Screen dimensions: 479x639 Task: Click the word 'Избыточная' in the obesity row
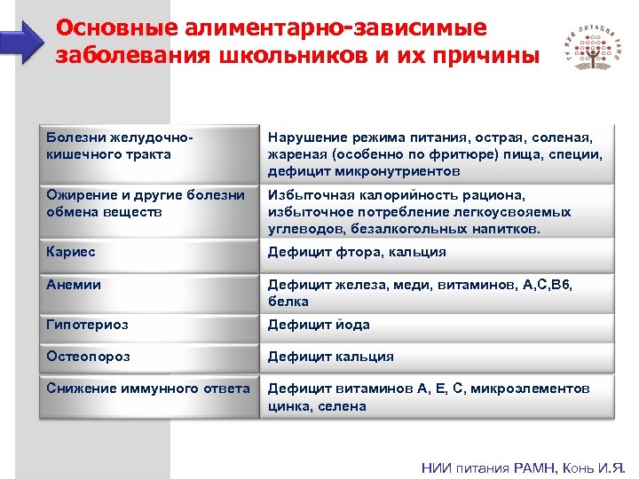click(x=312, y=195)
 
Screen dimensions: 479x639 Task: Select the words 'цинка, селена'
click(x=316, y=405)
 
